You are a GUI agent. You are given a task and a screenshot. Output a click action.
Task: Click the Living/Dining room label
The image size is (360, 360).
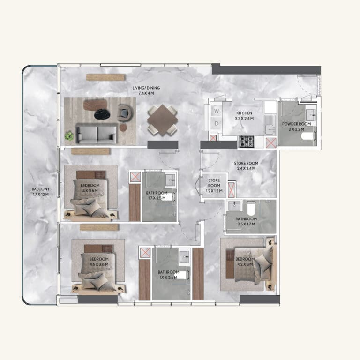(x=146, y=90)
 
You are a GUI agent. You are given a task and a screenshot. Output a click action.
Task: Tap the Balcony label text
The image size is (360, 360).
(x=41, y=191)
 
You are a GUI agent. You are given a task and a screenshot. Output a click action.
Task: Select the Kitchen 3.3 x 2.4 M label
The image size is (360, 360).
(x=244, y=116)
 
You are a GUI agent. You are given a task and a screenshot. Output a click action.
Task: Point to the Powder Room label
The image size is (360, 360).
(x=296, y=127)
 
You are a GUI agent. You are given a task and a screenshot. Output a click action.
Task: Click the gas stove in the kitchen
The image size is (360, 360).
(x=247, y=141)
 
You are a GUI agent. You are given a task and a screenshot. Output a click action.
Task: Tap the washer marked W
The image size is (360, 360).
(x=216, y=111)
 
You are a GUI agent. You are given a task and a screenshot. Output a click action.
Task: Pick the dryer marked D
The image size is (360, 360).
(x=216, y=124)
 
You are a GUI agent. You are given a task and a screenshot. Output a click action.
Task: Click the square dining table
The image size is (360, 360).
(x=163, y=120)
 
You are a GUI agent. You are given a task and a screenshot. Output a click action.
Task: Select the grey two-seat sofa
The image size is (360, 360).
(x=97, y=134)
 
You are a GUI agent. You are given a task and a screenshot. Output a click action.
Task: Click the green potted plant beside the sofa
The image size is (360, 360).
(x=69, y=135)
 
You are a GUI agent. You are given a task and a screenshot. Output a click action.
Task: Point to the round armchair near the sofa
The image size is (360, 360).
(x=125, y=113)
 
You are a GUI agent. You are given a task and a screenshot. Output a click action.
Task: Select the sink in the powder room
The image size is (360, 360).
(x=311, y=114)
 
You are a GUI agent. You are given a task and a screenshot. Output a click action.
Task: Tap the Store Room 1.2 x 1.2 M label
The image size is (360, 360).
(x=214, y=186)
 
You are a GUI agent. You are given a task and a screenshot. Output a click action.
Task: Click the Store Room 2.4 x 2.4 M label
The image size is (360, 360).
(x=246, y=166)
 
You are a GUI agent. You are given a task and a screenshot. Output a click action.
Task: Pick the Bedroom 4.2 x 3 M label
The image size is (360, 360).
(x=245, y=262)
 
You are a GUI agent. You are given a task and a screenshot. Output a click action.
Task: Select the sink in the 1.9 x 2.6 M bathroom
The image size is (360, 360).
(x=184, y=257)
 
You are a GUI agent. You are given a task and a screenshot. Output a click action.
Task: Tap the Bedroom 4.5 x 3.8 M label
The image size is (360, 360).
(x=99, y=262)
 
